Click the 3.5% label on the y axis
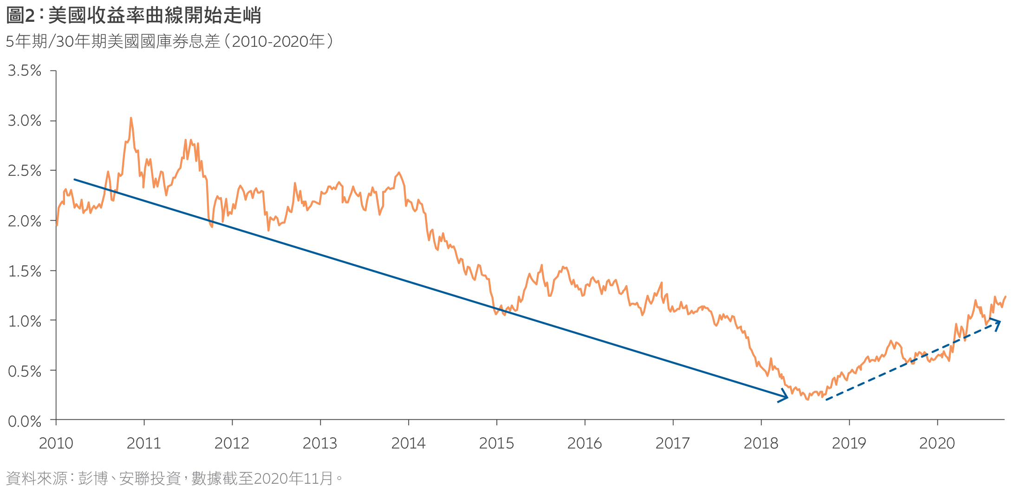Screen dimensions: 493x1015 pyautogui.click(x=25, y=71)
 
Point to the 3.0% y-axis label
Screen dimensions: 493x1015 pyautogui.click(x=25, y=121)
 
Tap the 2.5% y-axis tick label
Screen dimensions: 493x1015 pyautogui.click(x=25, y=171)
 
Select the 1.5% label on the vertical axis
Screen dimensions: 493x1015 pyautogui.click(x=25, y=271)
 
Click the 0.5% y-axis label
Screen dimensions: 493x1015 pyautogui.click(x=25, y=371)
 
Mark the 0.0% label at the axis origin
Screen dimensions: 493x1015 pyautogui.click(x=25, y=422)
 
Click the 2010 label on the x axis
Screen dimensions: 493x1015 pyautogui.click(x=56, y=443)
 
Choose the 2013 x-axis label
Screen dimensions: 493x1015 pyautogui.click(x=320, y=443)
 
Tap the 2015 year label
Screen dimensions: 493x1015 pyautogui.click(x=496, y=443)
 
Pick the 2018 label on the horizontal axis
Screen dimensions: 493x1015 pyautogui.click(x=761, y=443)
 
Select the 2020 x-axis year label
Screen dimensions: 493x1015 pyautogui.click(x=937, y=443)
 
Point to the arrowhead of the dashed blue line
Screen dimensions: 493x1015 pyautogui.click(x=997, y=322)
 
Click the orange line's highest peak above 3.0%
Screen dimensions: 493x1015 pyautogui.click(x=131, y=118)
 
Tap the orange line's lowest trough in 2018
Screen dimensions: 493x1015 pyautogui.click(x=808, y=399)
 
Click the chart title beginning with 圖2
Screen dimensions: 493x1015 pyautogui.click(x=134, y=16)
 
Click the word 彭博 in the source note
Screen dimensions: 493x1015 pyautogui.click(x=93, y=478)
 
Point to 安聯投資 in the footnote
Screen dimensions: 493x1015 pyautogui.click(x=150, y=478)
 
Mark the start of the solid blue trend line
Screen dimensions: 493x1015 pyautogui.click(x=75, y=179)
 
